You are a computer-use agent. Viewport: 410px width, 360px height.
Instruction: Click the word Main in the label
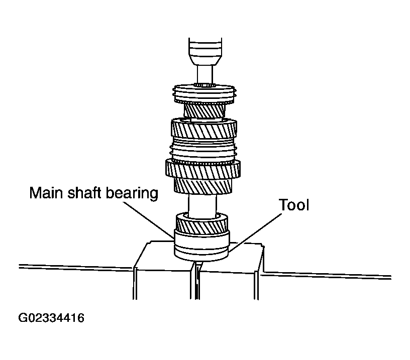[x=46, y=193]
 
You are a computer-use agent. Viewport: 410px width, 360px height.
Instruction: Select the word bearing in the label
[x=132, y=194]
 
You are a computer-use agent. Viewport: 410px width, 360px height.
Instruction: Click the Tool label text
[x=294, y=204]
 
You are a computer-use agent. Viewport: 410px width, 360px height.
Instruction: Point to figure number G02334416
[x=51, y=318]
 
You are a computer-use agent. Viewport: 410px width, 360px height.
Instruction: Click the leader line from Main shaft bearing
[x=148, y=220]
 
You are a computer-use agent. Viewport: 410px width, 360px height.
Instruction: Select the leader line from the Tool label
[x=255, y=232]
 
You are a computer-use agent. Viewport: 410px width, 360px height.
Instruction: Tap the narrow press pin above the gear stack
[x=205, y=75]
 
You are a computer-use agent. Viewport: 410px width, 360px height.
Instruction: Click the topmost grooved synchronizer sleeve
[x=204, y=94]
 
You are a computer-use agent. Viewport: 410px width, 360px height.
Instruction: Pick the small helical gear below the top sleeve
[x=204, y=111]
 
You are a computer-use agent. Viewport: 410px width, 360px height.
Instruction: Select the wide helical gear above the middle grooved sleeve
[x=204, y=129]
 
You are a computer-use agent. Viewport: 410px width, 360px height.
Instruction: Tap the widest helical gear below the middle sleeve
[x=203, y=169]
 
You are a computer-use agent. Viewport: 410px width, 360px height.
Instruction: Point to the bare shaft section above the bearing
[x=202, y=205]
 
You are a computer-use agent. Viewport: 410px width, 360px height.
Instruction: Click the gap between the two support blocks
[x=195, y=282]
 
